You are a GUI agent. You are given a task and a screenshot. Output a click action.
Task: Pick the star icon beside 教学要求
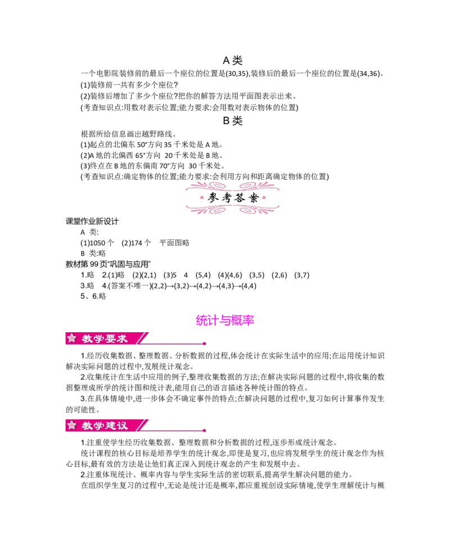(x=71, y=338)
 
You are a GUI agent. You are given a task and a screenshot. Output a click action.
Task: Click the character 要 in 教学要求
(x=109, y=338)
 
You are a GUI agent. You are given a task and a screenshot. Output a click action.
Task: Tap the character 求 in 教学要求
(x=123, y=338)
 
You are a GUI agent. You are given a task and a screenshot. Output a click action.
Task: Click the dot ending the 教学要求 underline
(x=204, y=343)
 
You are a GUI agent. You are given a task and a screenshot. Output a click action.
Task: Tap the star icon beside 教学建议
(x=71, y=425)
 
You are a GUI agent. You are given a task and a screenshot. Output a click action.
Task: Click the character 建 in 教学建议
(x=109, y=425)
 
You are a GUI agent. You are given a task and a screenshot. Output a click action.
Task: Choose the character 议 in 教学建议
(x=123, y=425)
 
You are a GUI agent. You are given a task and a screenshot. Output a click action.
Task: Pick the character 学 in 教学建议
(x=97, y=425)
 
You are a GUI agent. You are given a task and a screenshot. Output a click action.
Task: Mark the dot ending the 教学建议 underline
(x=204, y=431)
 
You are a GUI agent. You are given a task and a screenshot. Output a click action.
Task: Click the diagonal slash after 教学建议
(x=142, y=425)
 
